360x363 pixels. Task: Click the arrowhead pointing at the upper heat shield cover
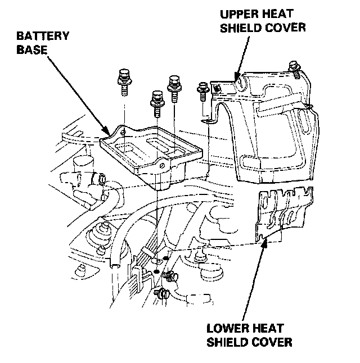click(237, 76)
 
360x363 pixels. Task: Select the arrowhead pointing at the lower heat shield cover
click(264, 242)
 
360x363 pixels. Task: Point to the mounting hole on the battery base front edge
click(161, 167)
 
